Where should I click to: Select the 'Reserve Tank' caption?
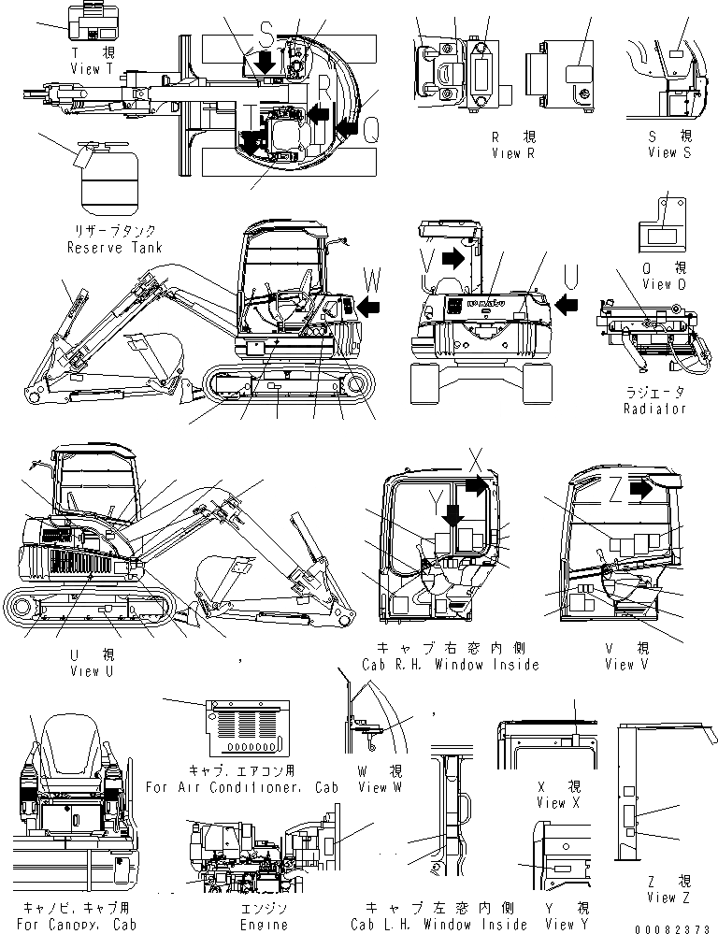point(114,248)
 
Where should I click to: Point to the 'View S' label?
point(668,152)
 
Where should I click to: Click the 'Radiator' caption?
point(654,409)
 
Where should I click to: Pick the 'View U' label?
point(91,670)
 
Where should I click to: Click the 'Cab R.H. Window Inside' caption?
point(451,665)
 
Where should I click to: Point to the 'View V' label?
point(619,665)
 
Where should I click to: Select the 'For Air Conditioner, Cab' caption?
point(241,787)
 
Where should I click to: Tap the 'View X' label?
point(558,802)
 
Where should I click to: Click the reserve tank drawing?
point(107,182)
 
